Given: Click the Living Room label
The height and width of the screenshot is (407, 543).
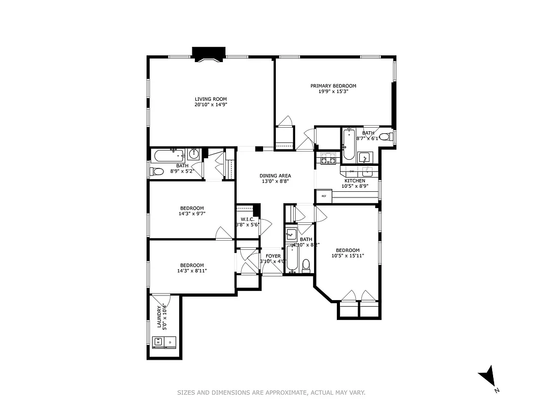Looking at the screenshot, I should tap(210, 99).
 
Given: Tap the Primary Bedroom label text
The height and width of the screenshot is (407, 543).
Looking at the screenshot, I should tap(333, 86).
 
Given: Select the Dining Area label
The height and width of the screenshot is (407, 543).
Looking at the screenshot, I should tap(275, 176).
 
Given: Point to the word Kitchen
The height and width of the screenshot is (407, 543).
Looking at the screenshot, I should tap(355, 181).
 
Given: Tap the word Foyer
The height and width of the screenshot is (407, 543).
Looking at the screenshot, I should tap(273, 256).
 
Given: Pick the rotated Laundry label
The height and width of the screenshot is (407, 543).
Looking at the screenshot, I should tap(159, 317).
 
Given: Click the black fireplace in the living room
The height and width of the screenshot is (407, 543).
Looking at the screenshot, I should tap(209, 53).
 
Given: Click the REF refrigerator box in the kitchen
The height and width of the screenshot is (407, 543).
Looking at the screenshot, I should tap(324, 196).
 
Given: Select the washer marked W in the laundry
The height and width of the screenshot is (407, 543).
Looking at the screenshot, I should tap(158, 342).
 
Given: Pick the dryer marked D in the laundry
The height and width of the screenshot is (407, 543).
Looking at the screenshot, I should tap(170, 342).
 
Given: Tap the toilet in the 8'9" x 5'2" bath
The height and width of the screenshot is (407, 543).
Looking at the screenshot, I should tap(156, 171).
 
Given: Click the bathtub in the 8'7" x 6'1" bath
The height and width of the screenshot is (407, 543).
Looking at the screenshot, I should tap(348, 144).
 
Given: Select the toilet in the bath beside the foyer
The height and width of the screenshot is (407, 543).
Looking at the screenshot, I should tap(306, 265).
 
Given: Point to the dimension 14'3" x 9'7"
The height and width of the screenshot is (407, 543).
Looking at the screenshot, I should tap(192, 214).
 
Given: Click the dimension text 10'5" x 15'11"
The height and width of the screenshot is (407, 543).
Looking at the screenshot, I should tap(348, 256).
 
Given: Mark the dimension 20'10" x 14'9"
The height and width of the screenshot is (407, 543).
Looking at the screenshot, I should tap(210, 105).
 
